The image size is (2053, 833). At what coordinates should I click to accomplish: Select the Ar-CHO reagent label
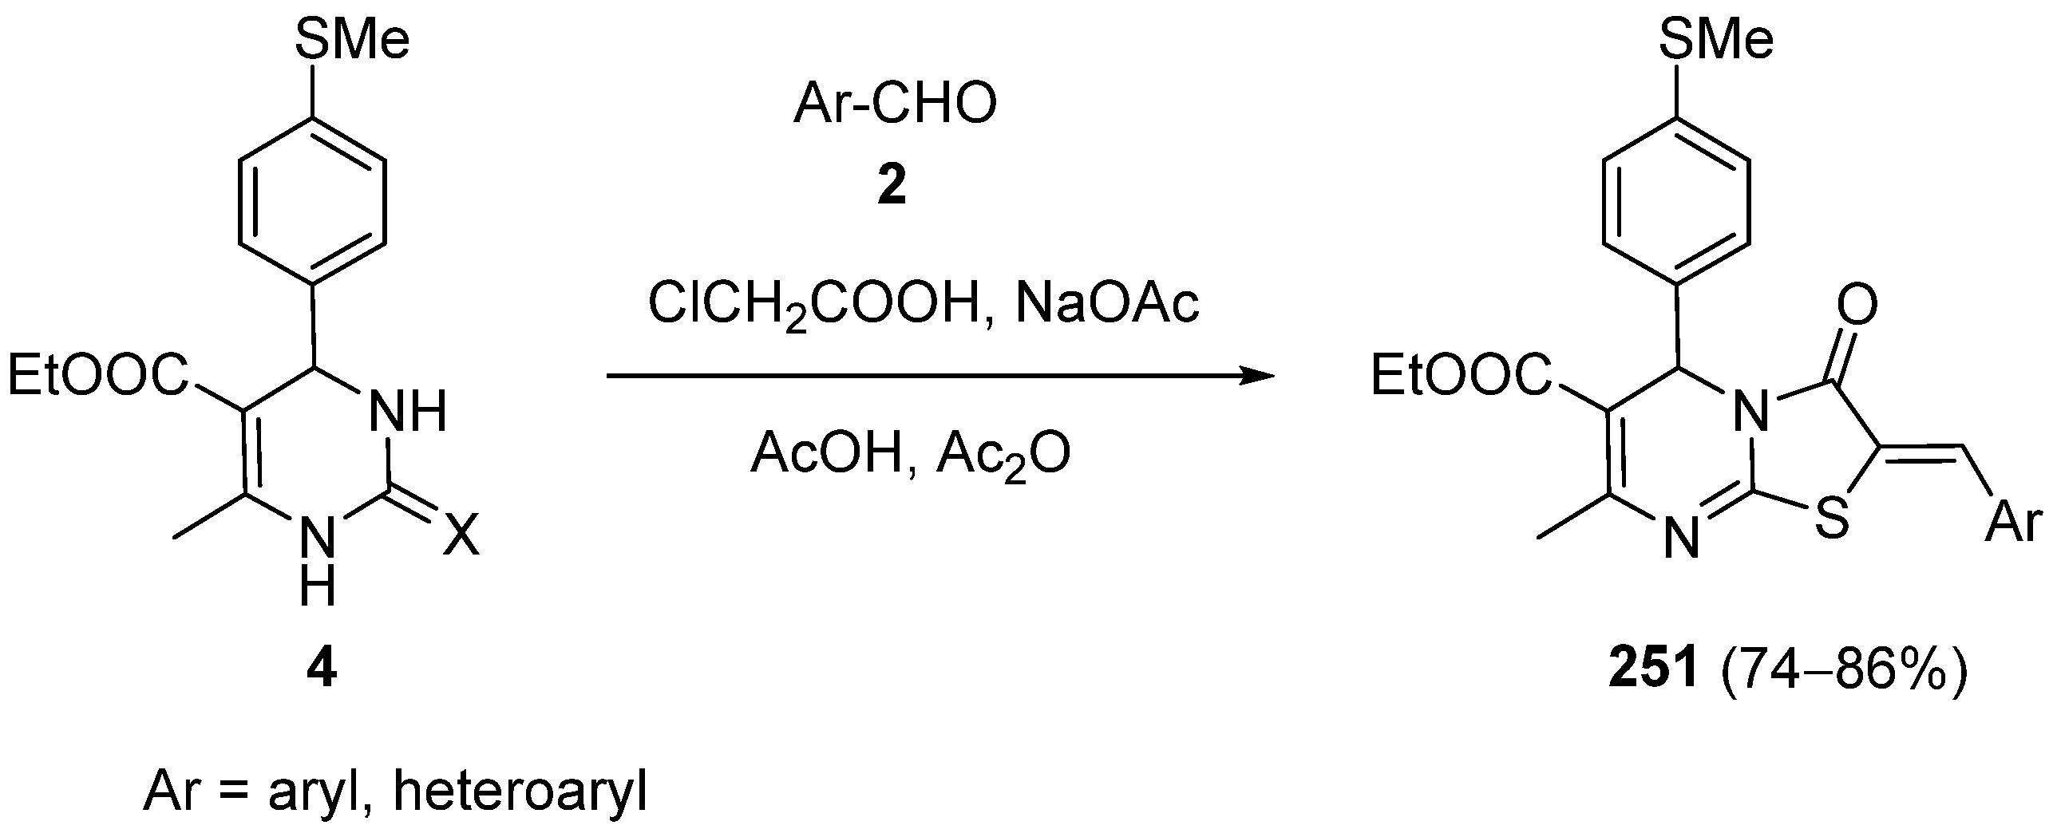pos(895,105)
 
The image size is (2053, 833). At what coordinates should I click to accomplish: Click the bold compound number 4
pos(322,671)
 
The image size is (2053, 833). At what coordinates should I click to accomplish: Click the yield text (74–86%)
pos(1844,671)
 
